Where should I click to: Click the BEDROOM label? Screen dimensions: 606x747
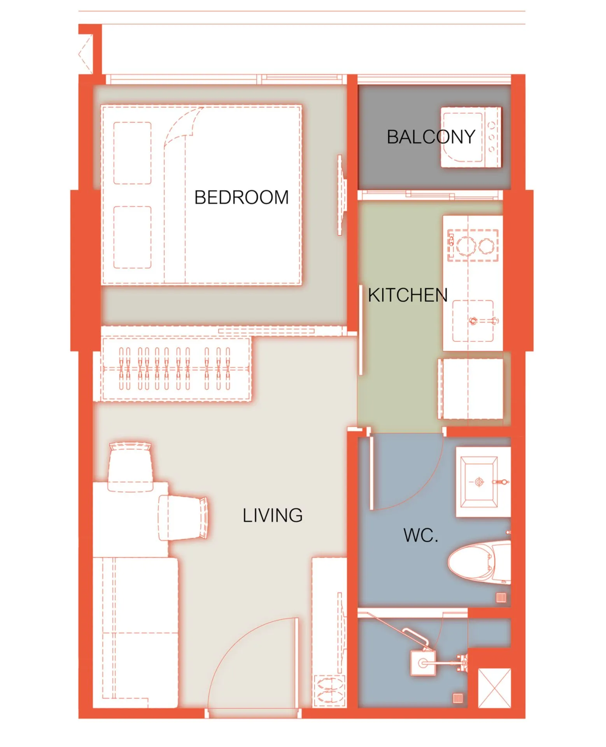coord(242,198)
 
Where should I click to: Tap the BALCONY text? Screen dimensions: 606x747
coord(431,137)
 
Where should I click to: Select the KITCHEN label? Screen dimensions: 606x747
coord(408,295)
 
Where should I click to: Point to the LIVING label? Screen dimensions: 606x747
coord(273,516)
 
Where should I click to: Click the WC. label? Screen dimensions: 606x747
coord(421,535)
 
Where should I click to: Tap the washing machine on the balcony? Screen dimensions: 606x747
coord(471,137)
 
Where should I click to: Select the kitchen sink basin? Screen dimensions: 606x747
coord(473,321)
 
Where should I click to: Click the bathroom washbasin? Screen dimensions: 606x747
coord(479,482)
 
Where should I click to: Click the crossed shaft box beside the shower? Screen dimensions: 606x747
coord(494,688)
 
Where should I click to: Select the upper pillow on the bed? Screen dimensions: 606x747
coord(132,153)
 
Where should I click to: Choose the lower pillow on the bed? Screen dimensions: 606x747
coord(132,237)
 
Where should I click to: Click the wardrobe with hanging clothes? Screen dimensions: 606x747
coord(176,369)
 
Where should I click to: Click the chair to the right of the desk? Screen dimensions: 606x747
coord(183,518)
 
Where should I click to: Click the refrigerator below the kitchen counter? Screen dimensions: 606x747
coord(471,389)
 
